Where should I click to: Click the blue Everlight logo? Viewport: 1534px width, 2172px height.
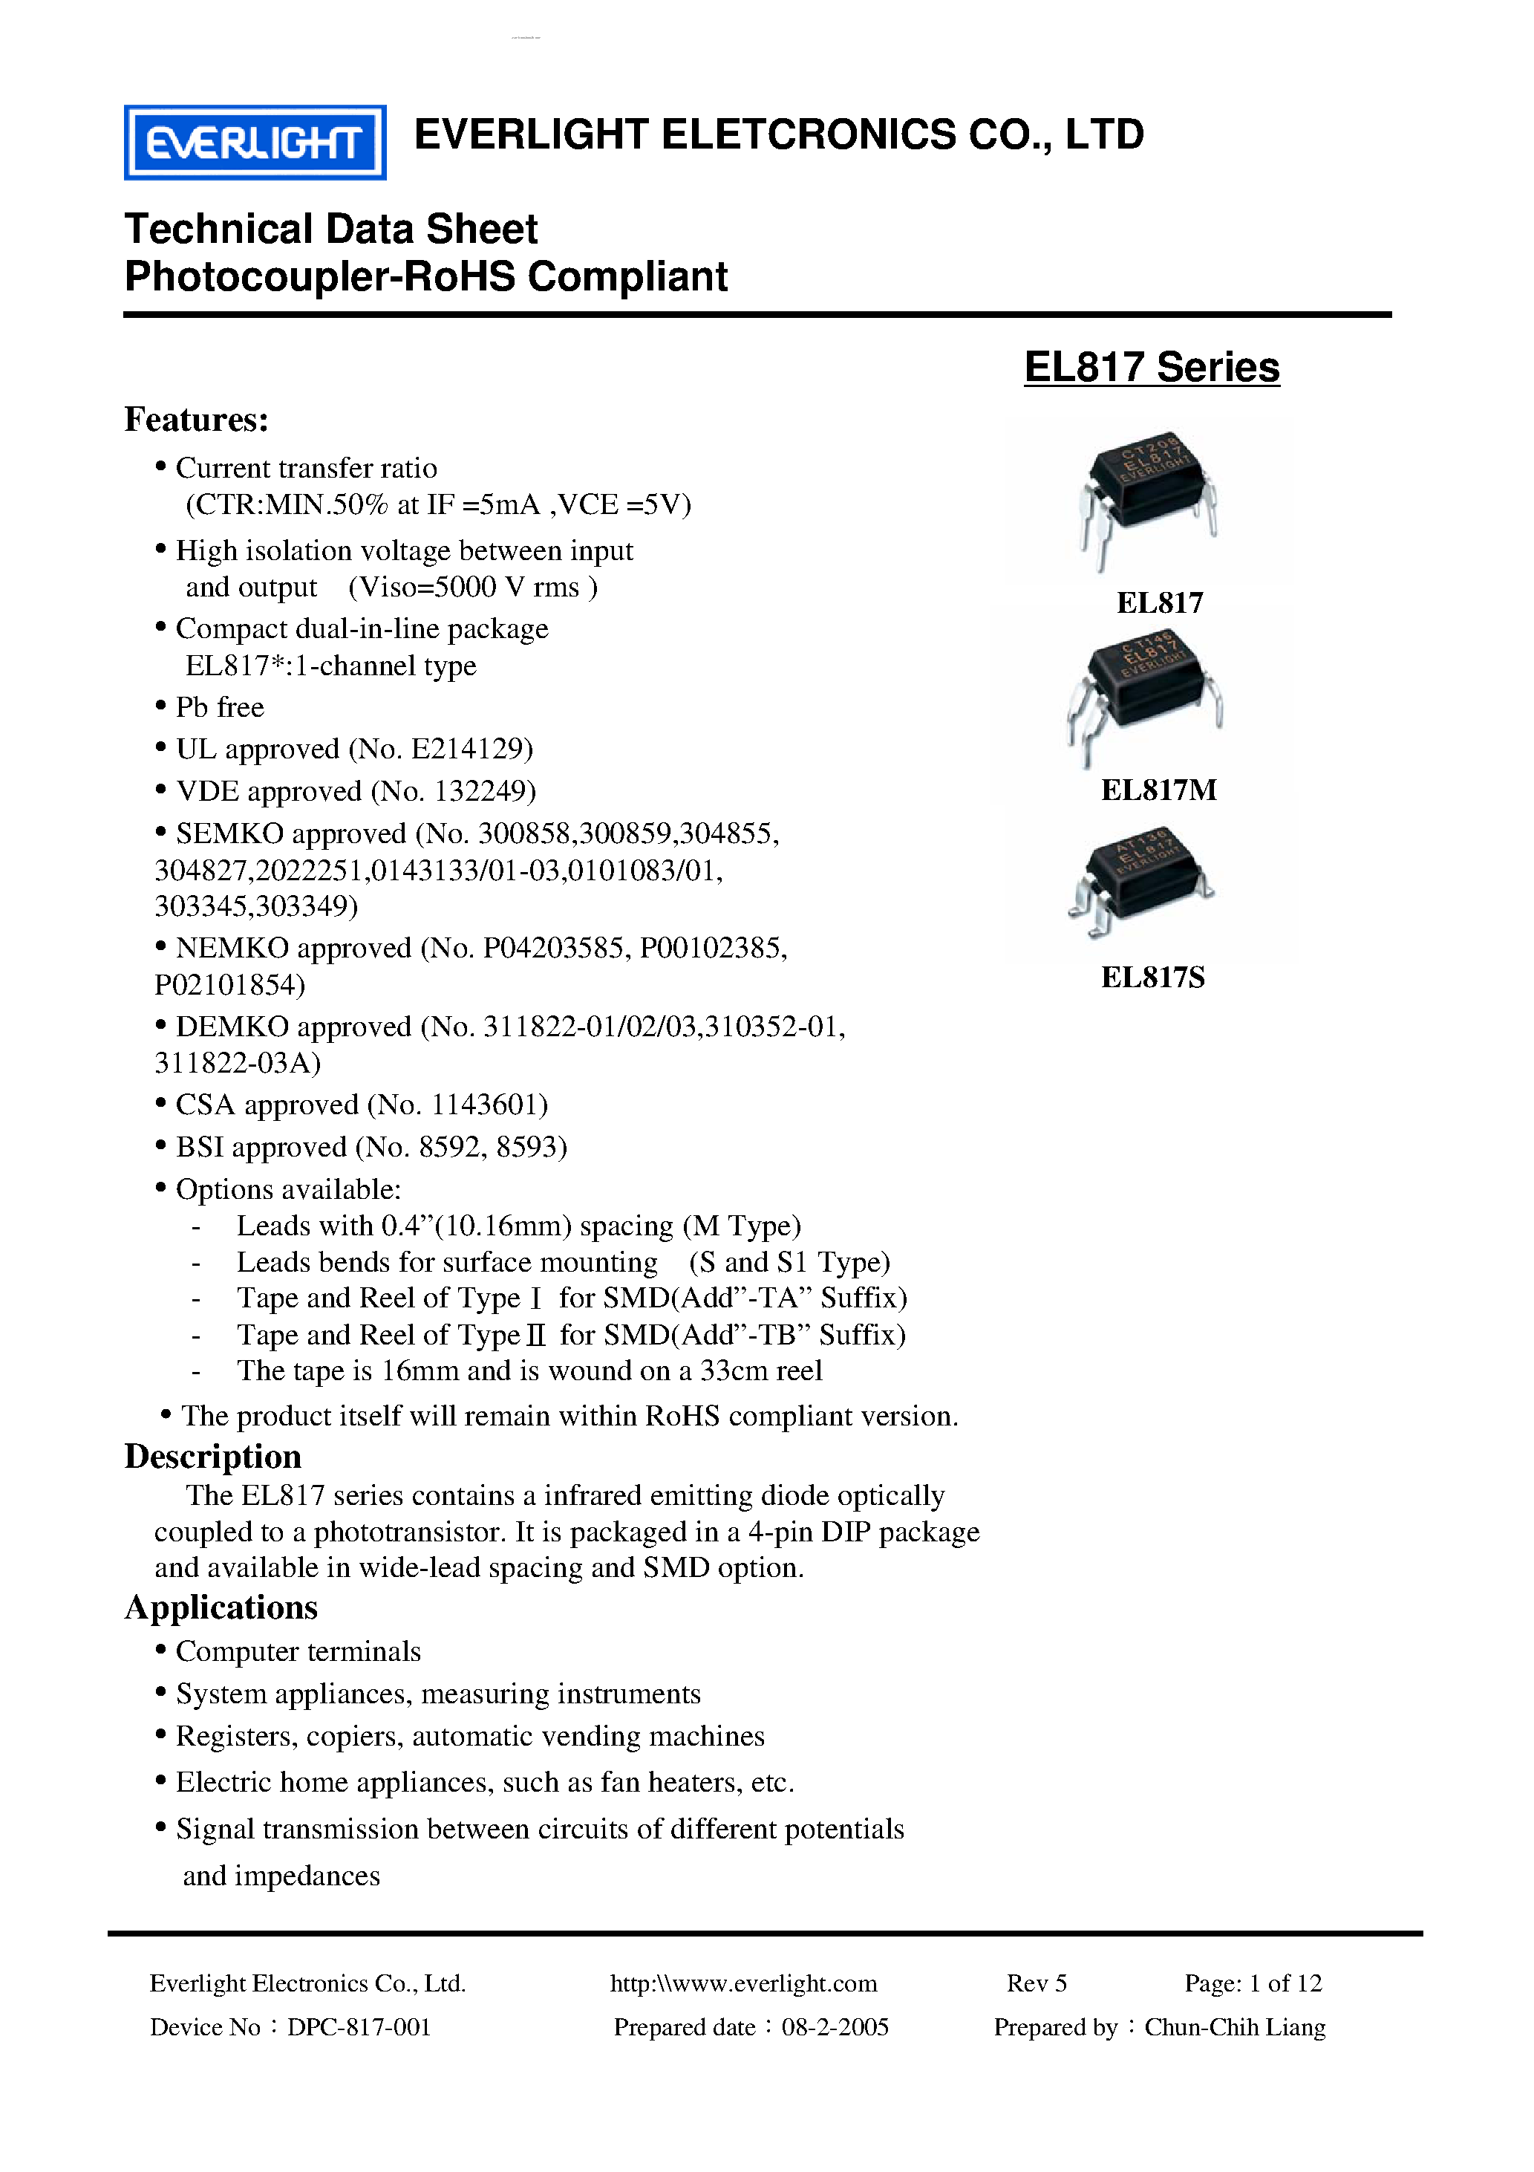[x=255, y=143]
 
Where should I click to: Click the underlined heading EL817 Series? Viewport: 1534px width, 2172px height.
[x=1151, y=367]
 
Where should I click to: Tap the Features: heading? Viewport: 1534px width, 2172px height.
[x=197, y=419]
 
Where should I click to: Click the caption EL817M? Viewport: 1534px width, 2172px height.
[x=1158, y=790]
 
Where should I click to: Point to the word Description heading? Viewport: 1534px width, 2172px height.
[x=213, y=1456]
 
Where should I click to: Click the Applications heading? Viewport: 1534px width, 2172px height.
[x=221, y=1607]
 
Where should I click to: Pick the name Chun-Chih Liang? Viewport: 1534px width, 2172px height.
[x=1234, y=2027]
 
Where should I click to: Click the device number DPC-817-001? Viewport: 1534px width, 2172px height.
[x=359, y=2027]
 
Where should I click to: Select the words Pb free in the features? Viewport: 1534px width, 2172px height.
[x=220, y=708]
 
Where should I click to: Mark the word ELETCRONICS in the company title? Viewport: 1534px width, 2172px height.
[x=808, y=134]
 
